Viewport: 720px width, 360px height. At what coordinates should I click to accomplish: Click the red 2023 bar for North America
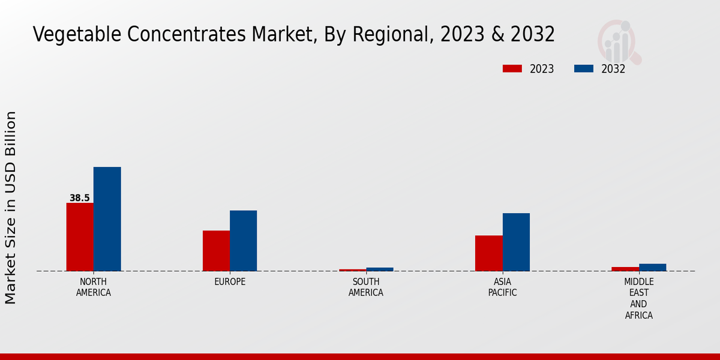pos(80,237)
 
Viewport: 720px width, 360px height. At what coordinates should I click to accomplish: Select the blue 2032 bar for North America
pos(107,219)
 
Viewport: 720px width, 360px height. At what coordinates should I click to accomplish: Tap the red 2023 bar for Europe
pos(216,251)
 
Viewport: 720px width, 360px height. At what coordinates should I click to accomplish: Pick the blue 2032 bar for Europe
pos(243,241)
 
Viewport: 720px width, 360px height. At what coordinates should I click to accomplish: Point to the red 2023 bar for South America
pos(352,270)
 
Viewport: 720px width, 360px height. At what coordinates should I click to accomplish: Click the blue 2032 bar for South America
pos(379,269)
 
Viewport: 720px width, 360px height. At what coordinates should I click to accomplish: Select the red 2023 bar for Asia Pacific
pos(488,253)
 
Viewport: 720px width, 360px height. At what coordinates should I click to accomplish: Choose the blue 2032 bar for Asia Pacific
pos(516,242)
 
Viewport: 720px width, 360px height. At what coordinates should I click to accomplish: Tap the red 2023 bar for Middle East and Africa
pos(625,269)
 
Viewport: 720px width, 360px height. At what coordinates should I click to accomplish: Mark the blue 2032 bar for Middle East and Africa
pos(652,268)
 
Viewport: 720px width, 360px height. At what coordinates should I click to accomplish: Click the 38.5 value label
pos(80,198)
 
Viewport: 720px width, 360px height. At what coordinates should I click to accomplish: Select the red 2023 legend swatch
pos(512,69)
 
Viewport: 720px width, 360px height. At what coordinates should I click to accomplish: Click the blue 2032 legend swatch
pos(583,69)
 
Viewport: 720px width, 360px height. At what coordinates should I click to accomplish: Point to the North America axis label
pos(94,287)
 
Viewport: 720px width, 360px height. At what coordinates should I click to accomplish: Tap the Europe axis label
pos(230,282)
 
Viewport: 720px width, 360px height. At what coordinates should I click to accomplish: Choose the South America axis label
pos(366,287)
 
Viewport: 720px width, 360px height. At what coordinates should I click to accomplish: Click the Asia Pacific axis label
pos(502,287)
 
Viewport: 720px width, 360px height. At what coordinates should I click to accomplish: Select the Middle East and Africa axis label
pos(638,298)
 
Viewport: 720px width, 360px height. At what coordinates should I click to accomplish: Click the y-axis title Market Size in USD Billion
pos(11,208)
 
